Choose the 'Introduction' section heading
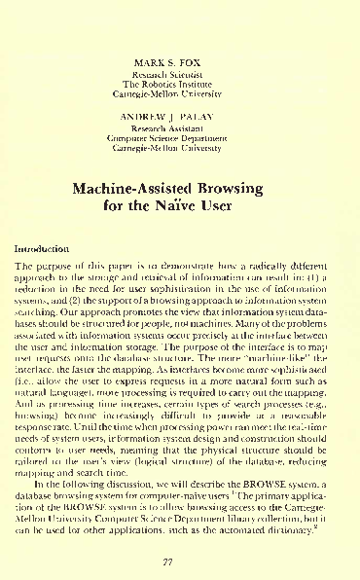(40, 250)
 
